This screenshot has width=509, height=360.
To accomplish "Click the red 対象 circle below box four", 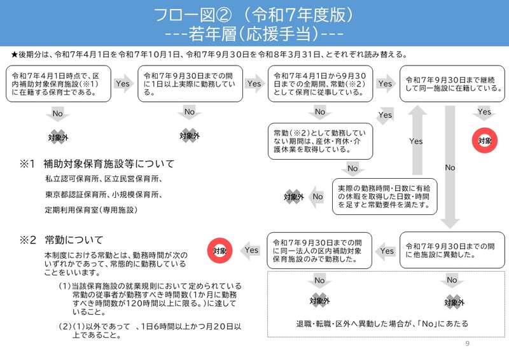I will point(485,141).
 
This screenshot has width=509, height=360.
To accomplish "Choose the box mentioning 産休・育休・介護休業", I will point(319,141).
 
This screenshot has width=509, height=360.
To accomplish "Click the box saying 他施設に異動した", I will point(452,250).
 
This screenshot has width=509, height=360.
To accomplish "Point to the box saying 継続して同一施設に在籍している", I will point(452,84).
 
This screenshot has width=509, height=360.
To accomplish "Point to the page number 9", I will point(468,344).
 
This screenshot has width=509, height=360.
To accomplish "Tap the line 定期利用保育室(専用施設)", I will point(91,209).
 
